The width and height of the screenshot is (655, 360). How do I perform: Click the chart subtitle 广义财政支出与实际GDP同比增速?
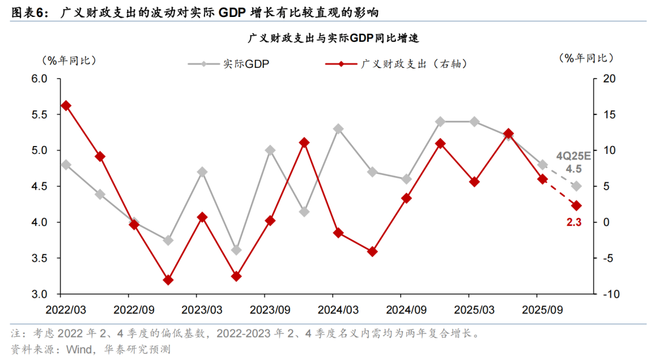pos(327,38)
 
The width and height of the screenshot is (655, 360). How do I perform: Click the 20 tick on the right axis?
pos(608,79)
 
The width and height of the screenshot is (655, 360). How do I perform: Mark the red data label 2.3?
pos(574,222)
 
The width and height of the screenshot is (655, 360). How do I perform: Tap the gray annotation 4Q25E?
pos(574,155)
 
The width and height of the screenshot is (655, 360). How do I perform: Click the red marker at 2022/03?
pos(66,105)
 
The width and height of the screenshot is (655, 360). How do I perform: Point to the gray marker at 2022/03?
pos(66,164)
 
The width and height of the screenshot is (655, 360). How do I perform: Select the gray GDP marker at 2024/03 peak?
pos(338,128)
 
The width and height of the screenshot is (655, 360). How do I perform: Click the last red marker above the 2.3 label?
pos(576,205)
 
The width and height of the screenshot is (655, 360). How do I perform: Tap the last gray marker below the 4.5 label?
pos(576,186)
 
